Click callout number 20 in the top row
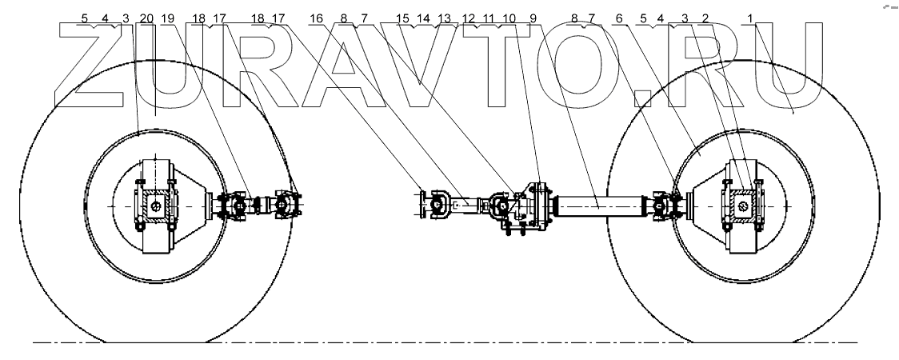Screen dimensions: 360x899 (x=146, y=17)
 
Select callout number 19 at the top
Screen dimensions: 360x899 (x=167, y=17)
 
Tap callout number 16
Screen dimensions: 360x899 (x=318, y=17)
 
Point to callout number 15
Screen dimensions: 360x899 (x=402, y=17)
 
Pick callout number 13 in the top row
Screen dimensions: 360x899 (x=445, y=17)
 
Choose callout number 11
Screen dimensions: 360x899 (x=489, y=17)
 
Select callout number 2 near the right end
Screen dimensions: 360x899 (x=704, y=17)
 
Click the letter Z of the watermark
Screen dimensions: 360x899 (x=90, y=64)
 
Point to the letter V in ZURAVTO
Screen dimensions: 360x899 (x=424, y=64)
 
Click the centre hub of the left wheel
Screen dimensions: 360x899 (x=155, y=206)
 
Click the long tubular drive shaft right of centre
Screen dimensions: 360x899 (x=595, y=206)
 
